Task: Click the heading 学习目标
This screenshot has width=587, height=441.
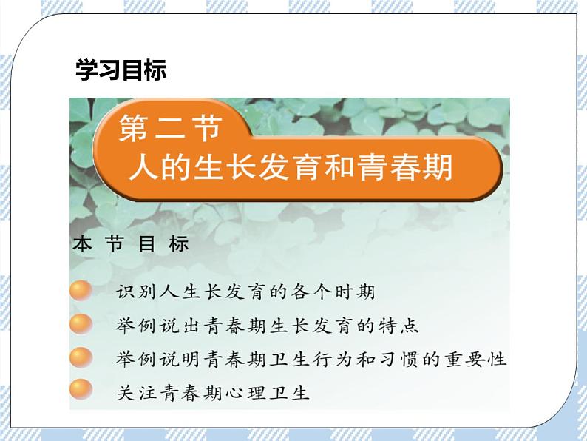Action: click(x=121, y=70)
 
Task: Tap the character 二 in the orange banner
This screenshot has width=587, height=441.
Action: click(x=172, y=129)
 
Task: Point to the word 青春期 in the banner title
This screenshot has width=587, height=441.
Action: click(x=410, y=167)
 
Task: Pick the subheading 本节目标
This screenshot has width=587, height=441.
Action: click(x=132, y=245)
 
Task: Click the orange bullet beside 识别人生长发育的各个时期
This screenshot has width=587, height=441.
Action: click(x=81, y=291)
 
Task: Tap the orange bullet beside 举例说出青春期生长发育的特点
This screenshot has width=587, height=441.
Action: click(x=81, y=324)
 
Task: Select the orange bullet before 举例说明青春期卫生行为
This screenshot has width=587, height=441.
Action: click(x=81, y=357)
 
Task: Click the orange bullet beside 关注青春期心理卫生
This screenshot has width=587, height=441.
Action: click(x=81, y=390)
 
